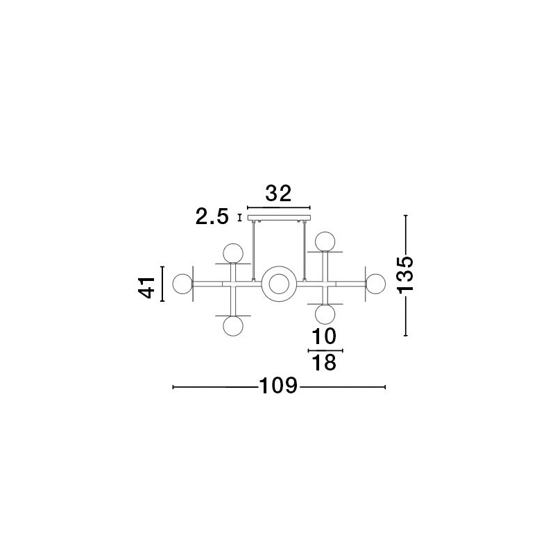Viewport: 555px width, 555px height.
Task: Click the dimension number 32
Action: click(x=278, y=194)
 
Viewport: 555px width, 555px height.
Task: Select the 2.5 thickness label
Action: click(x=212, y=216)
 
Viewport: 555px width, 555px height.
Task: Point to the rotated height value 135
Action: click(x=405, y=275)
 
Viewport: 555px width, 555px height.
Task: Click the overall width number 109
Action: click(x=279, y=386)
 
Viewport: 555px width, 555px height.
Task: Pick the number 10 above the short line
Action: click(x=324, y=336)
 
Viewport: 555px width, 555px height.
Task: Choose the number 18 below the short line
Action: click(x=324, y=363)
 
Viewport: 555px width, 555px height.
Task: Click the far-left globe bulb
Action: click(x=182, y=284)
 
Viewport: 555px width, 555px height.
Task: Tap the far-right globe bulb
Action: click(x=375, y=284)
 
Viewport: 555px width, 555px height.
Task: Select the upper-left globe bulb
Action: click(x=233, y=253)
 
